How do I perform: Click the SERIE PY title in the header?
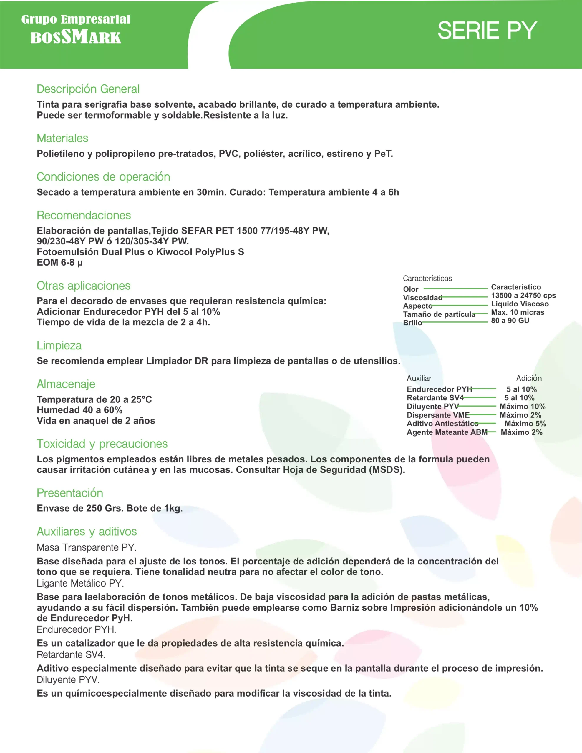coord(487,30)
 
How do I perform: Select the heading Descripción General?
coord(88,89)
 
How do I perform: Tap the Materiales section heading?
coord(62,138)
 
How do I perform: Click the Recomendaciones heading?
coord(84,216)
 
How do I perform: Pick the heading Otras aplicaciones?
coord(84,286)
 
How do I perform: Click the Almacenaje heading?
coord(66,384)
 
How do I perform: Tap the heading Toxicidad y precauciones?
coord(102,444)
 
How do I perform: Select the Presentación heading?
coord(70,493)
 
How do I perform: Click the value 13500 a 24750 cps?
coord(523,296)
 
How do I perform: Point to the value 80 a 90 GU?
coord(510,321)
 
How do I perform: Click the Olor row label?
coord(411,289)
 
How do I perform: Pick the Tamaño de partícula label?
coord(439,314)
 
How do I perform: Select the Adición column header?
coord(528,378)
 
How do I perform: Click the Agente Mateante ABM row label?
coord(447,432)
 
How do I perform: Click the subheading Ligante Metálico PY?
coord(80,583)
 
